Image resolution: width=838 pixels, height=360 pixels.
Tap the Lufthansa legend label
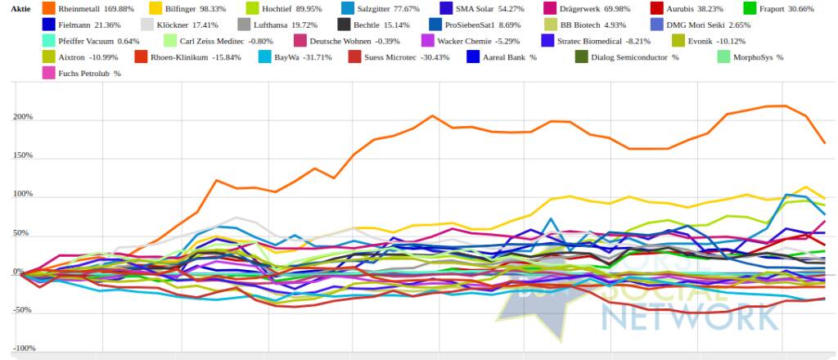286,25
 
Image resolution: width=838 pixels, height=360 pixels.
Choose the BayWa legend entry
286,56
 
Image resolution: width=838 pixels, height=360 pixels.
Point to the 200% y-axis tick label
22,117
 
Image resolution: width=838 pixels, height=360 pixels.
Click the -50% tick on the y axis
22,310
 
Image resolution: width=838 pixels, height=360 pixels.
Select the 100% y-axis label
22,195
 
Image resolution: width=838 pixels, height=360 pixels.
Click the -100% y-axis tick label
22,349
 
